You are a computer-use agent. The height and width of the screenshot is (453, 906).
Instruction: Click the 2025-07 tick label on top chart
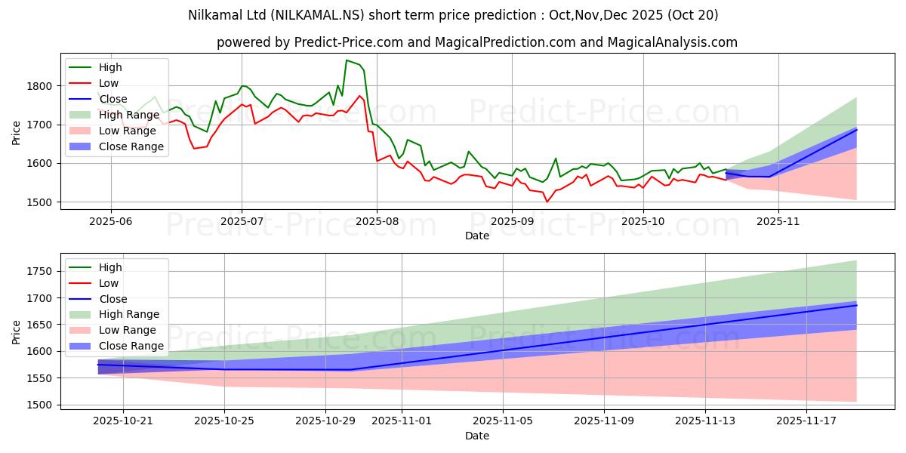point(242,221)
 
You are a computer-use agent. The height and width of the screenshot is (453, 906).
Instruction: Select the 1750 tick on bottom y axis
point(40,272)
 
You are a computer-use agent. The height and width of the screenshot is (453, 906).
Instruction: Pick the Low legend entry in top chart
point(109,83)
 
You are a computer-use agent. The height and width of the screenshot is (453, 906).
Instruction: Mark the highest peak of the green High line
point(347,60)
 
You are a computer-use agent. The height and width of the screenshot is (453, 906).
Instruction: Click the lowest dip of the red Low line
point(547,202)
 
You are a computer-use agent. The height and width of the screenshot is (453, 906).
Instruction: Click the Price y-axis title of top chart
point(17,132)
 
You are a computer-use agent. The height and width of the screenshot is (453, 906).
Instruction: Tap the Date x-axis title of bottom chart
point(476,436)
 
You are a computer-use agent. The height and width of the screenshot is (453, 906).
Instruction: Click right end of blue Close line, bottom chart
point(856,305)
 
